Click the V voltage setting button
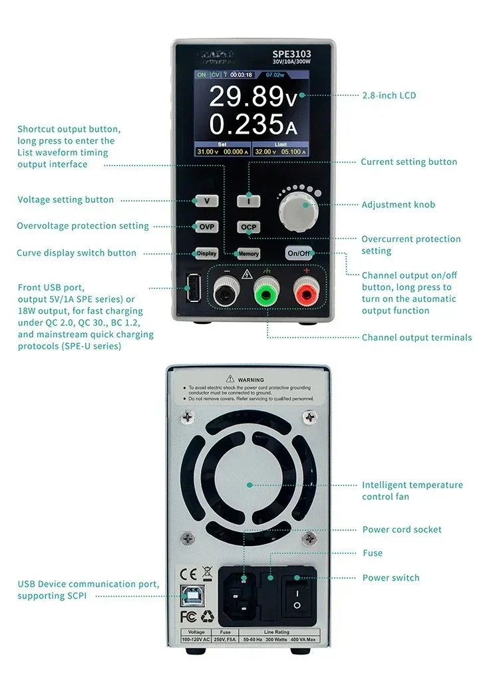point(206,200)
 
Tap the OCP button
point(248,227)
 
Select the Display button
point(206,253)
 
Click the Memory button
point(248,253)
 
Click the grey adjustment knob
point(297,207)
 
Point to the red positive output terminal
point(307,290)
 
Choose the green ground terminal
point(267,290)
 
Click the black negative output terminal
point(227,290)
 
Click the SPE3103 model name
point(291,55)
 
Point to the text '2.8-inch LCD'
point(389,96)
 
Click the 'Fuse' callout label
point(372,553)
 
